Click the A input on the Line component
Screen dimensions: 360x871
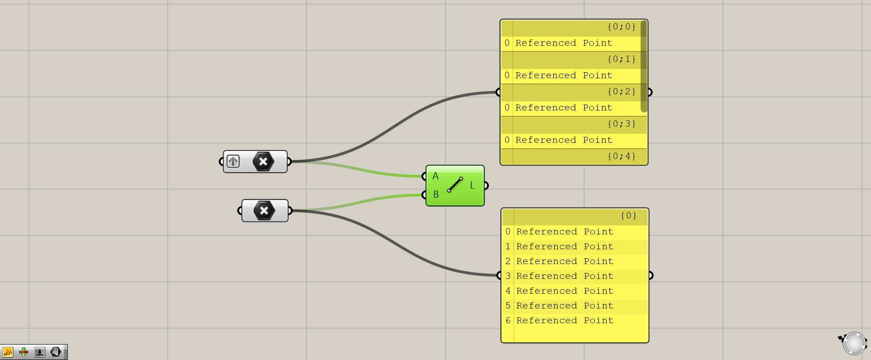coord(435,176)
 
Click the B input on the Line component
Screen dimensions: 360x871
coord(435,195)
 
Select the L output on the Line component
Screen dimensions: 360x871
coord(472,185)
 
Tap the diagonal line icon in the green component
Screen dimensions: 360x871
coord(455,185)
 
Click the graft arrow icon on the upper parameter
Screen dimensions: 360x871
coord(233,161)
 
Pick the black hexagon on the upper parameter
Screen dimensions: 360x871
coord(263,161)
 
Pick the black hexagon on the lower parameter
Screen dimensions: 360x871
coord(264,210)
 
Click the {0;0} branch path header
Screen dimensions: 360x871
coord(621,27)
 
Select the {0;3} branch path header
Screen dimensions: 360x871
coord(621,124)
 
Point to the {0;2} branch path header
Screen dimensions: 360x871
coord(621,92)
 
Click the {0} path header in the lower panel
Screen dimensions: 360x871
coord(628,216)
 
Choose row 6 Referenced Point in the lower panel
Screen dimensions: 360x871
coord(565,320)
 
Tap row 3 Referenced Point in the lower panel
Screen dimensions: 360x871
coord(565,276)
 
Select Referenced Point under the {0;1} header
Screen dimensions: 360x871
coord(564,75)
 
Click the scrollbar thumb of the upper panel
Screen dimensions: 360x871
coord(644,66)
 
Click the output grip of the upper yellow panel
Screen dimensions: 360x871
coord(650,92)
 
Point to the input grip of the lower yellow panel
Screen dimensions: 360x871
coord(499,275)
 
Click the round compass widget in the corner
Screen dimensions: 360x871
coord(854,343)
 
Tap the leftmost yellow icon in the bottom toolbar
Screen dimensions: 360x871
coord(8,352)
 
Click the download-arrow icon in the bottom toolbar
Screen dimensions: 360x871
coord(40,352)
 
